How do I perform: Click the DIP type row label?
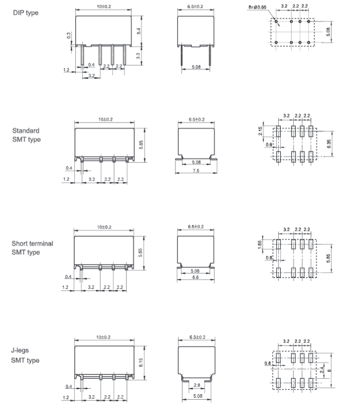[26, 13]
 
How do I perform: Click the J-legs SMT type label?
[25, 355]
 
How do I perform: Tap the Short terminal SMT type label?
[32, 248]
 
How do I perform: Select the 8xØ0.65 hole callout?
[257, 7]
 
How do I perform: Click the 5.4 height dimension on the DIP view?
[139, 31]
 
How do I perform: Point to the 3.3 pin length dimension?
[138, 56]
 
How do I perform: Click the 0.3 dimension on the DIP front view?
[69, 35]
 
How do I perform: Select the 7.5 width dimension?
[196, 171]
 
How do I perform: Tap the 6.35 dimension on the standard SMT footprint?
[329, 144]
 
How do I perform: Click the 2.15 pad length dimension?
[260, 131]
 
